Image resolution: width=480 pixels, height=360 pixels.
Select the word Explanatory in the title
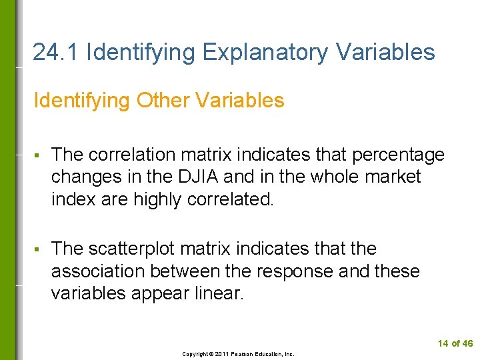pyautogui.click(x=269, y=52)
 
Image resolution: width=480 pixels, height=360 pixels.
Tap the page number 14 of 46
pyautogui.click(x=455, y=343)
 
